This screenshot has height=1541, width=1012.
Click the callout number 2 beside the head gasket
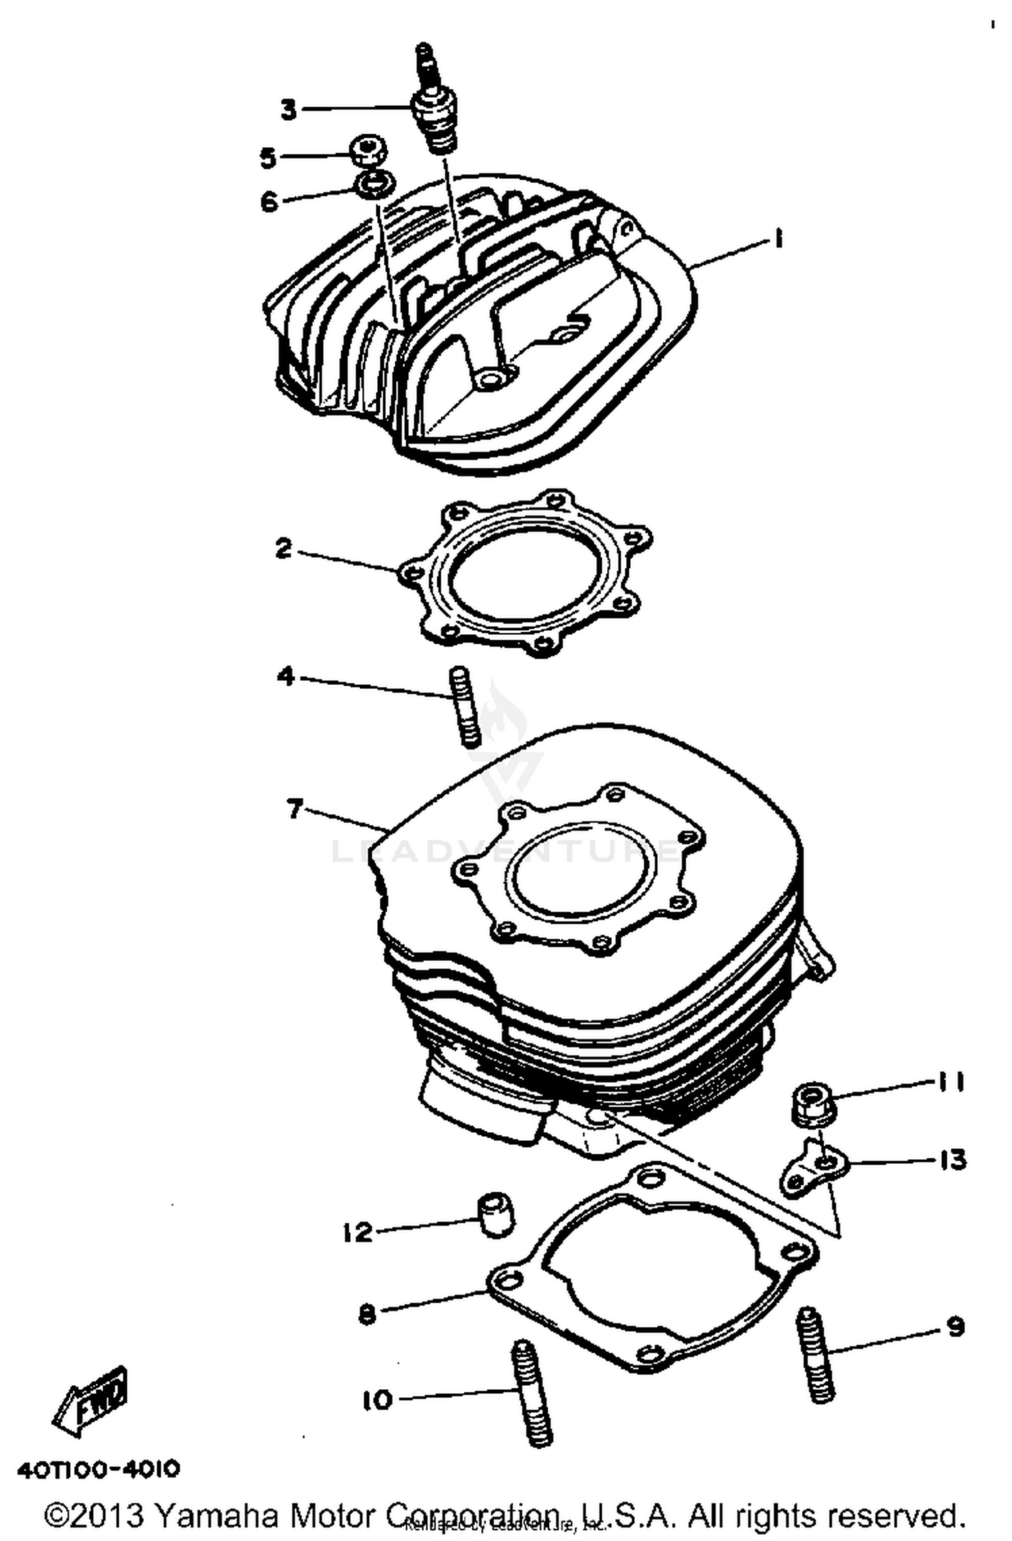(284, 549)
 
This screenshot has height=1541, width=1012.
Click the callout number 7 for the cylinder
(294, 808)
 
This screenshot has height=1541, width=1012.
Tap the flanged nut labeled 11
(813, 1104)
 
